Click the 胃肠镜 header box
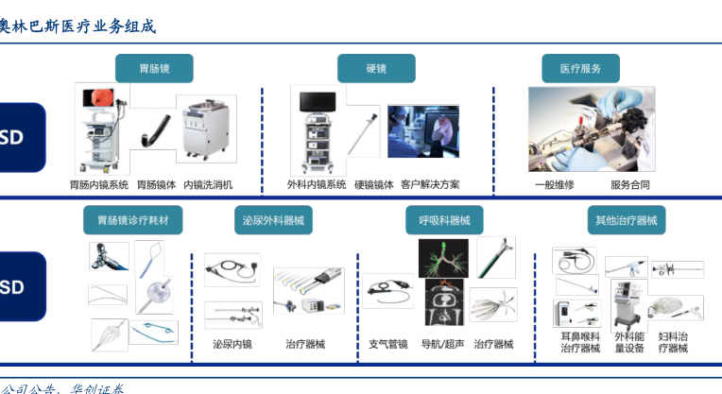pyautogui.click(x=154, y=69)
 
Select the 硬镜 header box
pyautogui.click(x=376, y=69)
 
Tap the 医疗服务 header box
pyautogui.click(x=580, y=69)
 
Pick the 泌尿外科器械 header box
pyautogui.click(x=273, y=220)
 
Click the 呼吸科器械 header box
pyautogui.click(x=444, y=220)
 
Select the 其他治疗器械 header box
pyautogui.click(x=625, y=220)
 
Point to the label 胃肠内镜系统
pyautogui.click(x=98, y=185)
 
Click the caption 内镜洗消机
pyautogui.click(x=208, y=185)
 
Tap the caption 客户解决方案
pyautogui.click(x=430, y=185)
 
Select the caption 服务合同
pyautogui.click(x=629, y=185)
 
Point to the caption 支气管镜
pyautogui.click(x=388, y=344)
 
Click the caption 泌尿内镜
pyautogui.click(x=232, y=344)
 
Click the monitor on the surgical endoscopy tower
pyautogui.click(x=318, y=103)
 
